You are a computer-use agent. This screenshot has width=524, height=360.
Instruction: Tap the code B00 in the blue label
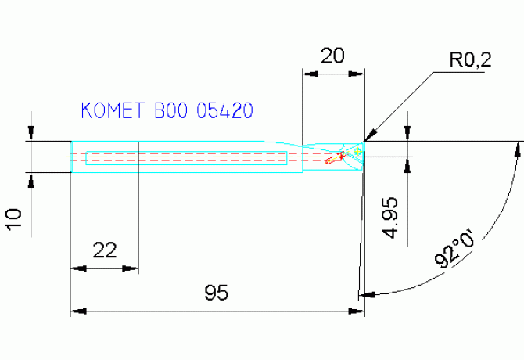coord(172,111)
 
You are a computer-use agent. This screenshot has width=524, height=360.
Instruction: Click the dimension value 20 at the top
coord(334,56)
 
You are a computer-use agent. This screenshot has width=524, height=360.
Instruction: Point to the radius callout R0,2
coord(469,61)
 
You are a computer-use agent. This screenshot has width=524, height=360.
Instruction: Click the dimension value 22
coord(105,250)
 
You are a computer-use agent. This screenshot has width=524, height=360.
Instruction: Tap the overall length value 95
coord(217,293)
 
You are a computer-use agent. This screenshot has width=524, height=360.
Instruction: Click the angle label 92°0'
coord(456,250)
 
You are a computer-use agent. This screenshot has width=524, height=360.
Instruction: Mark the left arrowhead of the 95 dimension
coord(77,311)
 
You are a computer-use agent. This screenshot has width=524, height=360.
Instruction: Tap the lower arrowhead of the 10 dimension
coord(31,177)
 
